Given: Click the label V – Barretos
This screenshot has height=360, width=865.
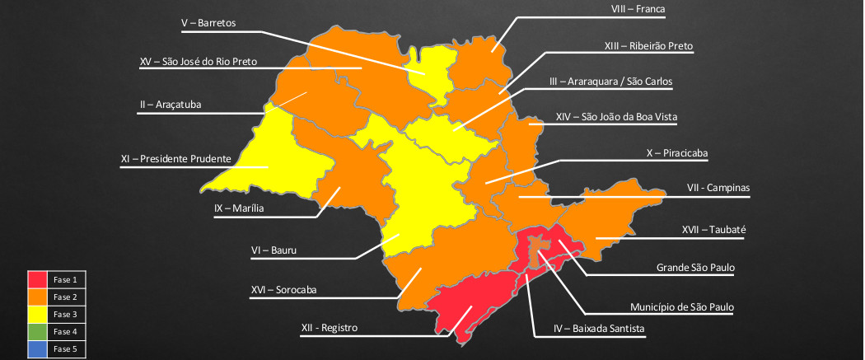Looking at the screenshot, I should point(208,23).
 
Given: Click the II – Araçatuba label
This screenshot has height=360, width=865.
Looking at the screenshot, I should point(171,105).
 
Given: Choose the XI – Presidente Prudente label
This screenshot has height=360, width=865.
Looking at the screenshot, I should point(175,158).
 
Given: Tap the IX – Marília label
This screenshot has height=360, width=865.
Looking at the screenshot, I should point(239,208).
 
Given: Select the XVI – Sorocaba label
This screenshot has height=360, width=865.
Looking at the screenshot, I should point(283,289).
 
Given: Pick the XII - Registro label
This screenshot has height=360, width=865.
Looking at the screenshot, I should point(330,328).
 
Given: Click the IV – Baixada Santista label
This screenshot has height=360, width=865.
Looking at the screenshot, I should point(599,329).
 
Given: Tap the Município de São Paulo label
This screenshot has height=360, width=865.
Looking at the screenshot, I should point(683,306).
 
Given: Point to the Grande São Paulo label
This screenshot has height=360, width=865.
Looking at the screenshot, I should point(695,268).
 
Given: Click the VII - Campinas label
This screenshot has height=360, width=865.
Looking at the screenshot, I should point(718,188).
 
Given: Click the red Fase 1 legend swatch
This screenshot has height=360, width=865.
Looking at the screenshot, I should point(38,280).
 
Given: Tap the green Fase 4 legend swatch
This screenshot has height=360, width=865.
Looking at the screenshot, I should point(38,331).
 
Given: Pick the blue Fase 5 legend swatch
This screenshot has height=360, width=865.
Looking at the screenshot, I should point(38,348).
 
